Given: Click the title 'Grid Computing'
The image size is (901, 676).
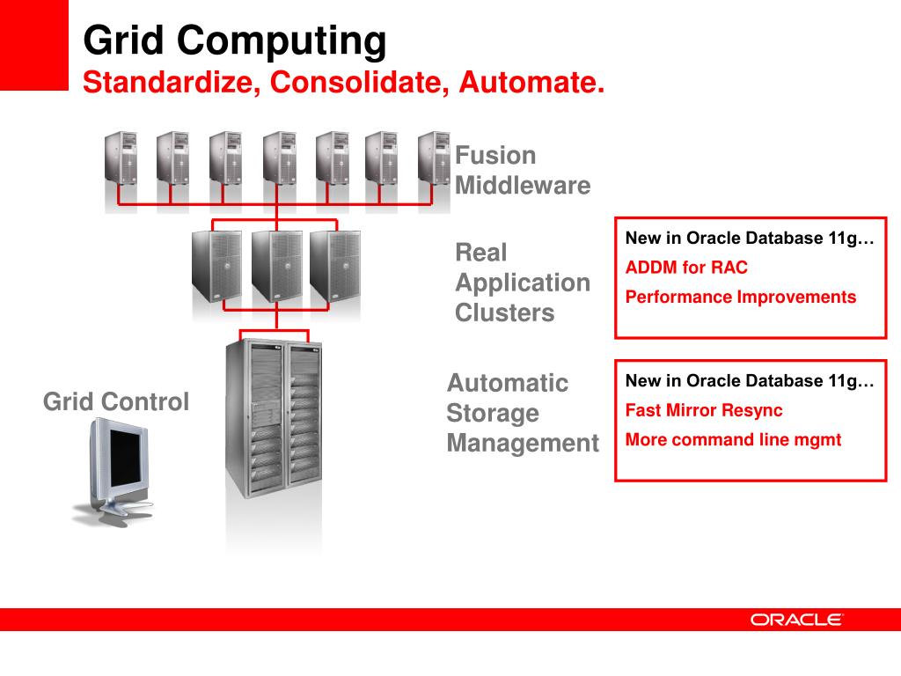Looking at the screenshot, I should point(234,40).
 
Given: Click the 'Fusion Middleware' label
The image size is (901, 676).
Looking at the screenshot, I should point(522,171).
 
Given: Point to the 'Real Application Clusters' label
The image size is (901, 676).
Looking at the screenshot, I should point(522,283).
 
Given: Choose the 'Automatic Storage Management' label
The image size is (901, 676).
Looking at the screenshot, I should point(522,413).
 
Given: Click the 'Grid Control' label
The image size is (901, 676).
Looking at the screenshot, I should point(116,402).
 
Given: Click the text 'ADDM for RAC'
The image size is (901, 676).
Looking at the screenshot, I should point(686,268).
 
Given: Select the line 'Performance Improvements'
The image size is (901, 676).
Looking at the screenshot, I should point(740,297).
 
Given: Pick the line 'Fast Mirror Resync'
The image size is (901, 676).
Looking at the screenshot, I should point(703,410).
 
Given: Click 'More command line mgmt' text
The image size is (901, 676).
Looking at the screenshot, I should point(733,439).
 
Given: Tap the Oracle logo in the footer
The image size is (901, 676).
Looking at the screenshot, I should point(796,620).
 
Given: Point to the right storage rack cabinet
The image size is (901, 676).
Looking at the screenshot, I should point(304,414).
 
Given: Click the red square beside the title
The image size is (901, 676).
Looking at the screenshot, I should point(33,44).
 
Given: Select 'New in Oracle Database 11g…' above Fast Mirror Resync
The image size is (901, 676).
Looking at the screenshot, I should point(750,381).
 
